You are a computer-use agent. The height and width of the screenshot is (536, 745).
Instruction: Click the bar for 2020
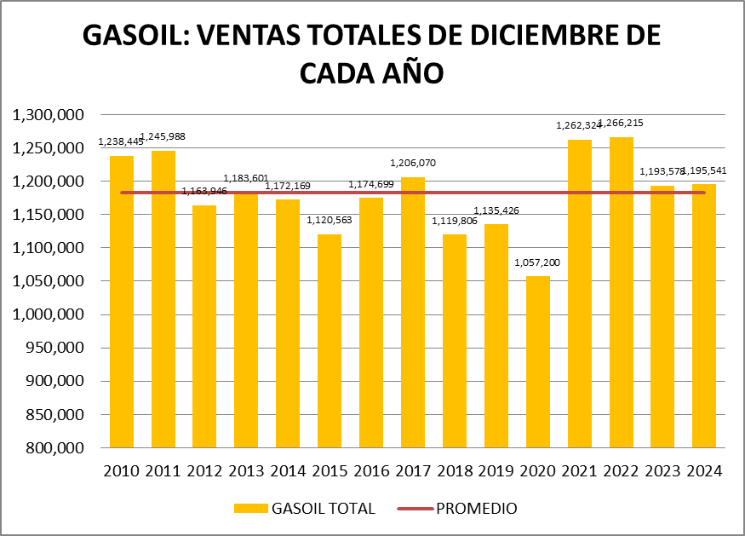[537, 361]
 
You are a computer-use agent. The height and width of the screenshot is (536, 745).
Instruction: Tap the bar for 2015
[330, 341]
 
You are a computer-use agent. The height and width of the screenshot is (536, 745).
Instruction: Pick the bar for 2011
[163, 299]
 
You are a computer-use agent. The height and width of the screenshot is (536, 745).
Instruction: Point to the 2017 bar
[413, 312]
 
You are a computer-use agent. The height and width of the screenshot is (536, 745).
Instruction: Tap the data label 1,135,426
[496, 210]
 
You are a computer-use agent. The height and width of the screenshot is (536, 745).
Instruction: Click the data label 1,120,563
[330, 220]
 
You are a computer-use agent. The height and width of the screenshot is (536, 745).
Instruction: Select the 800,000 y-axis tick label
[53, 447]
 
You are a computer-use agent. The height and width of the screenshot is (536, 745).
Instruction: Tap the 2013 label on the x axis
[246, 470]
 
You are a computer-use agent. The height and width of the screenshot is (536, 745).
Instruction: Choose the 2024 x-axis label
[703, 470]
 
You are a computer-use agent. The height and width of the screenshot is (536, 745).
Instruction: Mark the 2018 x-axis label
[455, 470]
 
